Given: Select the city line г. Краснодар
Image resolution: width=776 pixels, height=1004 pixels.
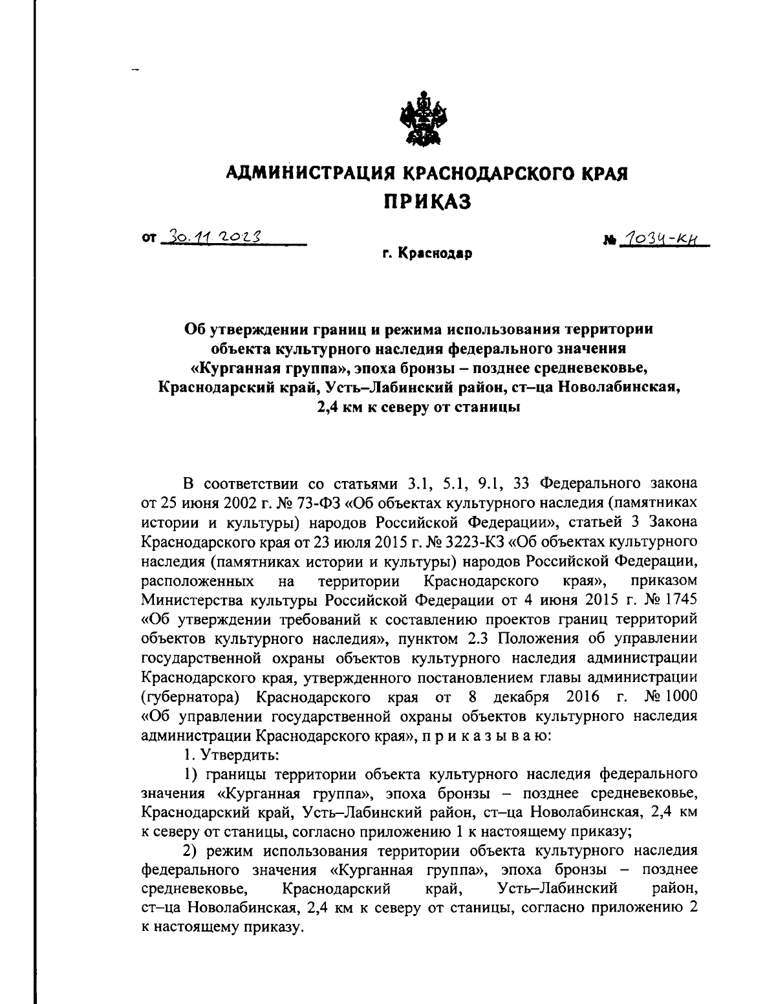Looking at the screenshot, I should tap(426, 254).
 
